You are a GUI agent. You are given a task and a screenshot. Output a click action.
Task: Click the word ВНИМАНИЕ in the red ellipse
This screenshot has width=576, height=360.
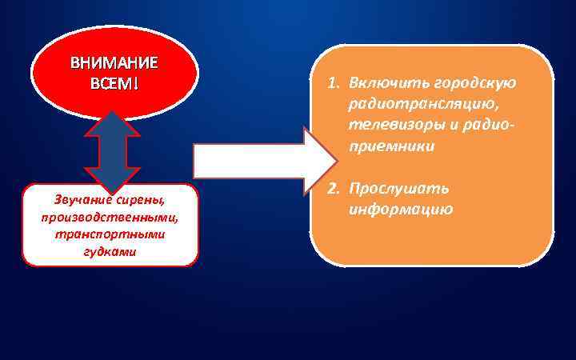(114, 62)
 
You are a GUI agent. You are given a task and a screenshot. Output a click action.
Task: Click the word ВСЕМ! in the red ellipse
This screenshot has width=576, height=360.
(114, 83)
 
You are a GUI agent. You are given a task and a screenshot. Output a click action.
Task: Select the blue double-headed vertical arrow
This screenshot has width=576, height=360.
(113, 152)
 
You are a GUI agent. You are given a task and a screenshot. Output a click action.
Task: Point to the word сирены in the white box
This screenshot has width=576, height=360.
(142, 199)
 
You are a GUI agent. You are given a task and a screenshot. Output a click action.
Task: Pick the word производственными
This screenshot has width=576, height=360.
(111, 217)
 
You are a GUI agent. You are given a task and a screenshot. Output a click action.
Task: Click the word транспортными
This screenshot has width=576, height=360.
(111, 234)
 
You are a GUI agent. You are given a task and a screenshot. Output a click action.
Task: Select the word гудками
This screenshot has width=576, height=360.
(110, 251)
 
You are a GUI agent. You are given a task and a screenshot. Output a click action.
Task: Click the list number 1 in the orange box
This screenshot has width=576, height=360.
(330, 84)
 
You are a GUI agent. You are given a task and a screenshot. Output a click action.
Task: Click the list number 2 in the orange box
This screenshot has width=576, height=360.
(330, 189)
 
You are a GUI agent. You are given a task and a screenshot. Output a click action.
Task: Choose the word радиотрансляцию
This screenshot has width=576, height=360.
(417, 105)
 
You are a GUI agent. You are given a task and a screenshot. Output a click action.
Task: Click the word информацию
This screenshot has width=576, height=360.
(401, 210)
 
